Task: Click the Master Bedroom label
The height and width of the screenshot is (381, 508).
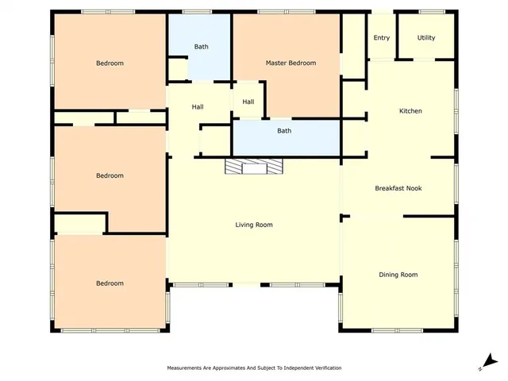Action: click(290, 63)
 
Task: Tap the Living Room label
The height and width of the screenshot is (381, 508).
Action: click(254, 225)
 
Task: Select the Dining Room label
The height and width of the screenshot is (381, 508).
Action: click(398, 275)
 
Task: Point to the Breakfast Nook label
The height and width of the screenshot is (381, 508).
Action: click(398, 188)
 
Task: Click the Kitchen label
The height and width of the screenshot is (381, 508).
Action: click(410, 111)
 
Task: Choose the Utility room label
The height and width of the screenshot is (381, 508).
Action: click(426, 37)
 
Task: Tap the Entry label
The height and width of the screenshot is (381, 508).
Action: click(382, 37)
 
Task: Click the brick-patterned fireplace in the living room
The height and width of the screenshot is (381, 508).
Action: click(252, 165)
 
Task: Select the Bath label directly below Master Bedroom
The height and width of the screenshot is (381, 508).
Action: click(284, 131)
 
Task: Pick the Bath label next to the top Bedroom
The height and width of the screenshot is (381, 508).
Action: click(202, 47)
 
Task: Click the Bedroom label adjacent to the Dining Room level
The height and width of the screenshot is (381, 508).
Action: click(110, 283)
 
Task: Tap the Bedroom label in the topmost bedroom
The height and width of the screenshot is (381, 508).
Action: click(110, 63)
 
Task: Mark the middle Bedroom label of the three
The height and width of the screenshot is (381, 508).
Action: click(110, 175)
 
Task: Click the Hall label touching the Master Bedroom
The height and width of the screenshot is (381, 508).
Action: click(248, 102)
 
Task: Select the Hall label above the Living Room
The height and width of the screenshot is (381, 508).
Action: click(199, 107)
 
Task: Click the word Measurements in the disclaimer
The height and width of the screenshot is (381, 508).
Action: click(184, 368)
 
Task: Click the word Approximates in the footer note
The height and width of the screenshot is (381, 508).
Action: click(226, 368)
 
